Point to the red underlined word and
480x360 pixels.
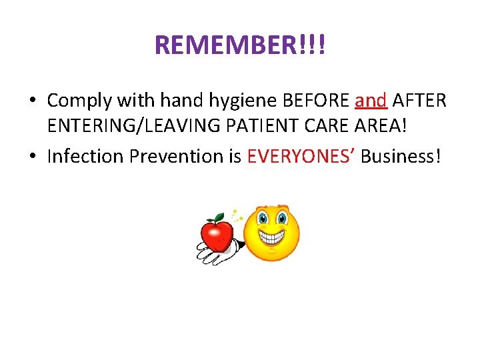pos(371,101)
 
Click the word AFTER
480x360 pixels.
pos(419,101)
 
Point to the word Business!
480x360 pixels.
pos(401,156)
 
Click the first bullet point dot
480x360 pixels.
pos(32,102)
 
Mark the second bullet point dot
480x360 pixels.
pos(32,157)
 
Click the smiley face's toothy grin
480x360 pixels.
pos(271,237)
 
